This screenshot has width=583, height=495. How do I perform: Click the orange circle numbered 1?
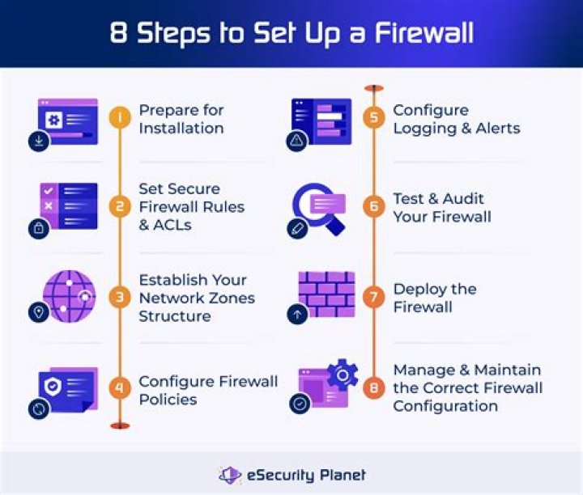click(120, 118)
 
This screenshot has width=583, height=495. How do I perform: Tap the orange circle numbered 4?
click(120, 389)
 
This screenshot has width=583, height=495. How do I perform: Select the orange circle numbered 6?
click(373, 207)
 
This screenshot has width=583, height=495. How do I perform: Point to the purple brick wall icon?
click(326, 293)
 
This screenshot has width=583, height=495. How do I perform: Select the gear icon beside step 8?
click(343, 374)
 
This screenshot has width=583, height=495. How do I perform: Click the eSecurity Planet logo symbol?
click(231, 475)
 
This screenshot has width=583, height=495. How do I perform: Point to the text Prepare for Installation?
click(181, 119)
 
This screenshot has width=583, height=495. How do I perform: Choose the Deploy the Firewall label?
click(434, 298)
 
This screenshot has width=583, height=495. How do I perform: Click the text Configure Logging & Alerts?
click(456, 119)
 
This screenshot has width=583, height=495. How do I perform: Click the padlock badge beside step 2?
click(38, 229)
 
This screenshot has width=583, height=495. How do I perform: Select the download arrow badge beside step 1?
click(38, 142)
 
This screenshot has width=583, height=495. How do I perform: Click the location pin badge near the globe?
click(38, 312)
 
